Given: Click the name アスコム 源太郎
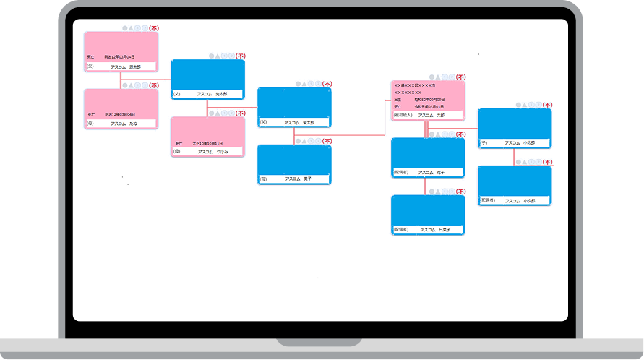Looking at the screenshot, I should (126, 67).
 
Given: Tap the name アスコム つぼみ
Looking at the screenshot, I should (212, 152).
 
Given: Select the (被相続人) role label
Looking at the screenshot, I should (403, 116).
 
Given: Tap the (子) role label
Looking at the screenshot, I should (484, 143).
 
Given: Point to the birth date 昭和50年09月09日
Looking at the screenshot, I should (429, 100).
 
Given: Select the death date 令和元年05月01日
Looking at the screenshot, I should (429, 106).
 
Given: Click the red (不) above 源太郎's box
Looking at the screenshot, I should (154, 27).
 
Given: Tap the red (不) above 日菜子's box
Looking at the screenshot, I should (460, 192).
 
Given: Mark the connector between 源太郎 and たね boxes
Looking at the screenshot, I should (121, 80).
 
